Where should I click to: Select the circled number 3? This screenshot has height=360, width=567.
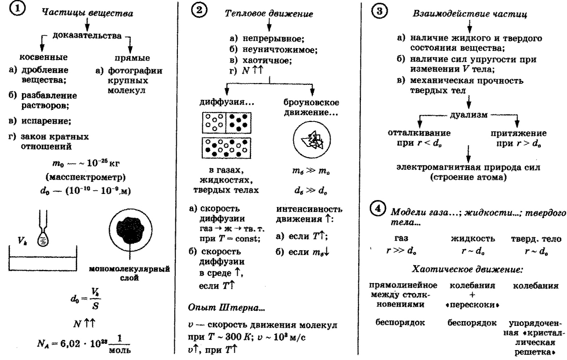point(380,11)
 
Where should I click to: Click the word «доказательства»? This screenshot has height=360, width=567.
point(87,36)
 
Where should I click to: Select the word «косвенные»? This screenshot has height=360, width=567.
point(43,57)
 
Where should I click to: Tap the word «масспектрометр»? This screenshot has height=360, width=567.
point(86,177)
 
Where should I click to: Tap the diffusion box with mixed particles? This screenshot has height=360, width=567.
point(227,148)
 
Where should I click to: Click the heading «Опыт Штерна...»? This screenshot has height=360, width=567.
point(226,308)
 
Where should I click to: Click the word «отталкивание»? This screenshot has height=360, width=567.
point(419,133)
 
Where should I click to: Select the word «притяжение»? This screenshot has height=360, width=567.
point(518,133)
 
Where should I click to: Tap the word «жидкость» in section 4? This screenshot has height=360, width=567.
point(473,239)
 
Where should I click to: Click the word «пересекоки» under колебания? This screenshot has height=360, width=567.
point(472,305)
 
